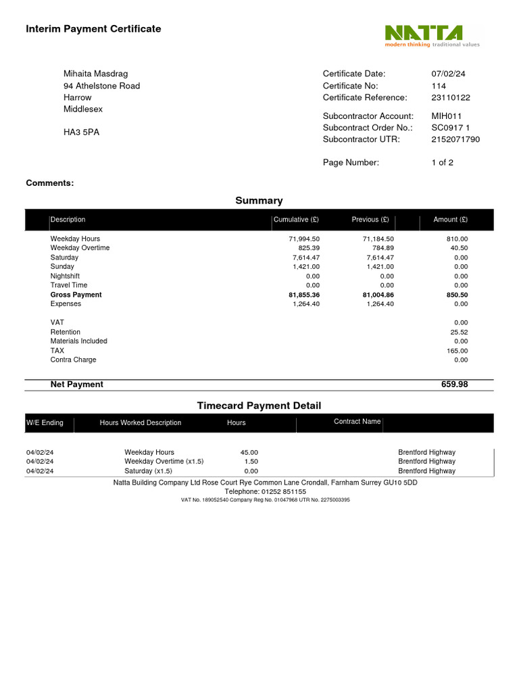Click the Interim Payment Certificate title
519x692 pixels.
click(93, 29)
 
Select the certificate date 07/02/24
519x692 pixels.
click(448, 74)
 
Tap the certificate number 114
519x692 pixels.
click(439, 86)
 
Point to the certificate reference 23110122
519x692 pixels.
click(451, 97)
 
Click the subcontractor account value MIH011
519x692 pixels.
click(447, 116)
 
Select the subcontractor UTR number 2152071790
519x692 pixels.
click(455, 139)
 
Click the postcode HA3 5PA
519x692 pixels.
click(81, 132)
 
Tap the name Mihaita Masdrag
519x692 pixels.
click(95, 74)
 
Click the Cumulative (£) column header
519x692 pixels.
click(296, 220)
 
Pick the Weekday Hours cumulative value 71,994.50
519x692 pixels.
click(304, 239)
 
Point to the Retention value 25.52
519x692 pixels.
click(459, 332)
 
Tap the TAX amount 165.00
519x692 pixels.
click(457, 351)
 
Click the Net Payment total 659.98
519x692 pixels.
click(454, 385)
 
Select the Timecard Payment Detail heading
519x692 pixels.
click(259, 405)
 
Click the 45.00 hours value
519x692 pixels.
click(249, 452)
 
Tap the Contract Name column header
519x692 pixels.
click(357, 422)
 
